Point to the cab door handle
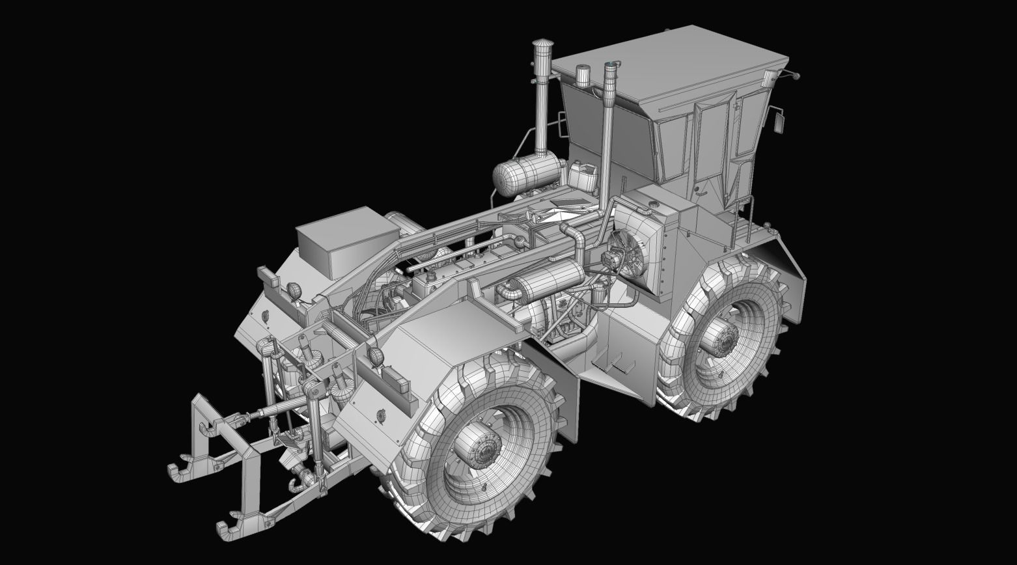coord(697,189)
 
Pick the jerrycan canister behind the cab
coord(582,175)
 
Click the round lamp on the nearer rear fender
coord(376,356)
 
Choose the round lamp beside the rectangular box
coord(294,290)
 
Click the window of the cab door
coord(710,130)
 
